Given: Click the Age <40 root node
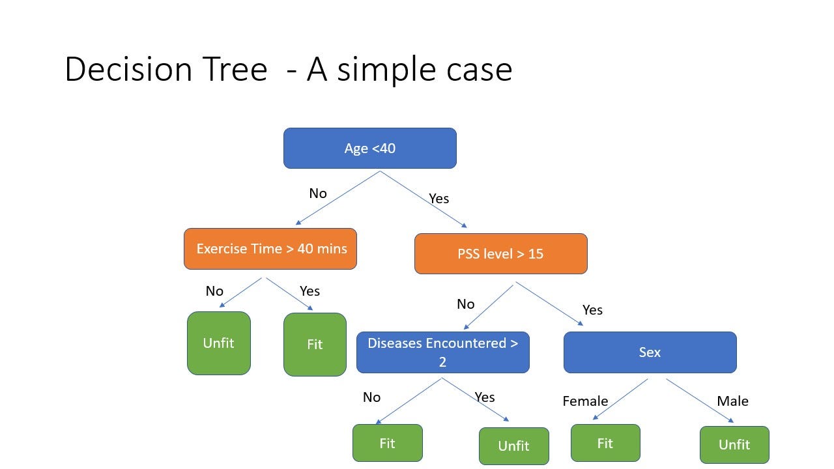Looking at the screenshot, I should tap(369, 149).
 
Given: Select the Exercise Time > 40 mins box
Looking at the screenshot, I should tap(270, 249).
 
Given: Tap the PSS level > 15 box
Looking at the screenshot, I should tap(500, 253).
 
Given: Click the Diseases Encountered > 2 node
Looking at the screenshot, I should tap(442, 352).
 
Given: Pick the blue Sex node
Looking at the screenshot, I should tap(650, 352).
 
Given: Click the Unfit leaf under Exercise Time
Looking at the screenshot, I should tap(218, 343).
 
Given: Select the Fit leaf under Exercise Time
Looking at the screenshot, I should tap(315, 345).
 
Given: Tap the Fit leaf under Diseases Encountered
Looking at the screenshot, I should tap(387, 443).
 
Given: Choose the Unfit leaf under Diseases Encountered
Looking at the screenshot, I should tap(513, 446).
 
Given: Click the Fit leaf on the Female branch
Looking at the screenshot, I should tap(605, 443).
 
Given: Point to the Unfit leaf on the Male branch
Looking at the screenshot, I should tap(734, 445).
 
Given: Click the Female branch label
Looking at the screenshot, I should tap(585, 401).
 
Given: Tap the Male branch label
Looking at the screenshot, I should tap(732, 401).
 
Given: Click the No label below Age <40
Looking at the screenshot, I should tap(318, 193).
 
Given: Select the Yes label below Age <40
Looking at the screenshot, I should tap(439, 199).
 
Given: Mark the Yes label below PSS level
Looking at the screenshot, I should tap(592, 310).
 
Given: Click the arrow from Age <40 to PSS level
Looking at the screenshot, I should tap(424, 199).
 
